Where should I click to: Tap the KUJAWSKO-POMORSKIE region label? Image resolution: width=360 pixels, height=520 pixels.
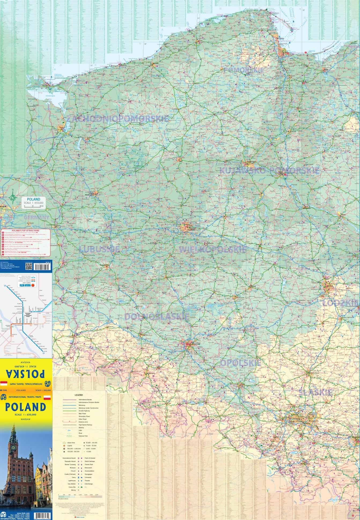pyautogui.click(x=269, y=170)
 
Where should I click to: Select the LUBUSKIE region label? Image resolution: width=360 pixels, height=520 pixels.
pyautogui.click(x=99, y=249)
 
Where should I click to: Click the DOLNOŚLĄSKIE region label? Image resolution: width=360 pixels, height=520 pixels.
pyautogui.click(x=156, y=317)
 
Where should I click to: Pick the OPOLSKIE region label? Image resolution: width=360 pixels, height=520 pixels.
pyautogui.click(x=241, y=363)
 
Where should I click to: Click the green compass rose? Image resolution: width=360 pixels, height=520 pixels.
pyautogui.click(x=12, y=198)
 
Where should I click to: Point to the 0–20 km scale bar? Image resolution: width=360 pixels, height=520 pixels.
pyautogui.click(x=34, y=206)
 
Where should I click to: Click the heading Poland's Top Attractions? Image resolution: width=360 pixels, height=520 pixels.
pyautogui.click(x=26, y=231)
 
